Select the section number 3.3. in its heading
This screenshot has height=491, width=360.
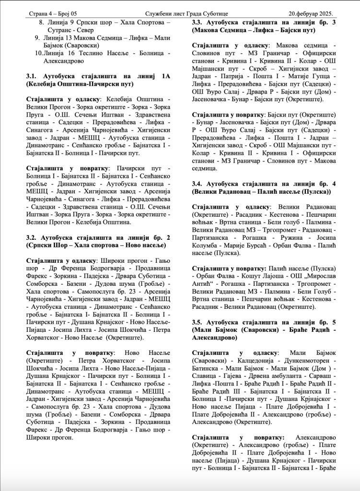(x=198, y=22)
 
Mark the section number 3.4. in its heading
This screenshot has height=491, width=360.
(x=198, y=184)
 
